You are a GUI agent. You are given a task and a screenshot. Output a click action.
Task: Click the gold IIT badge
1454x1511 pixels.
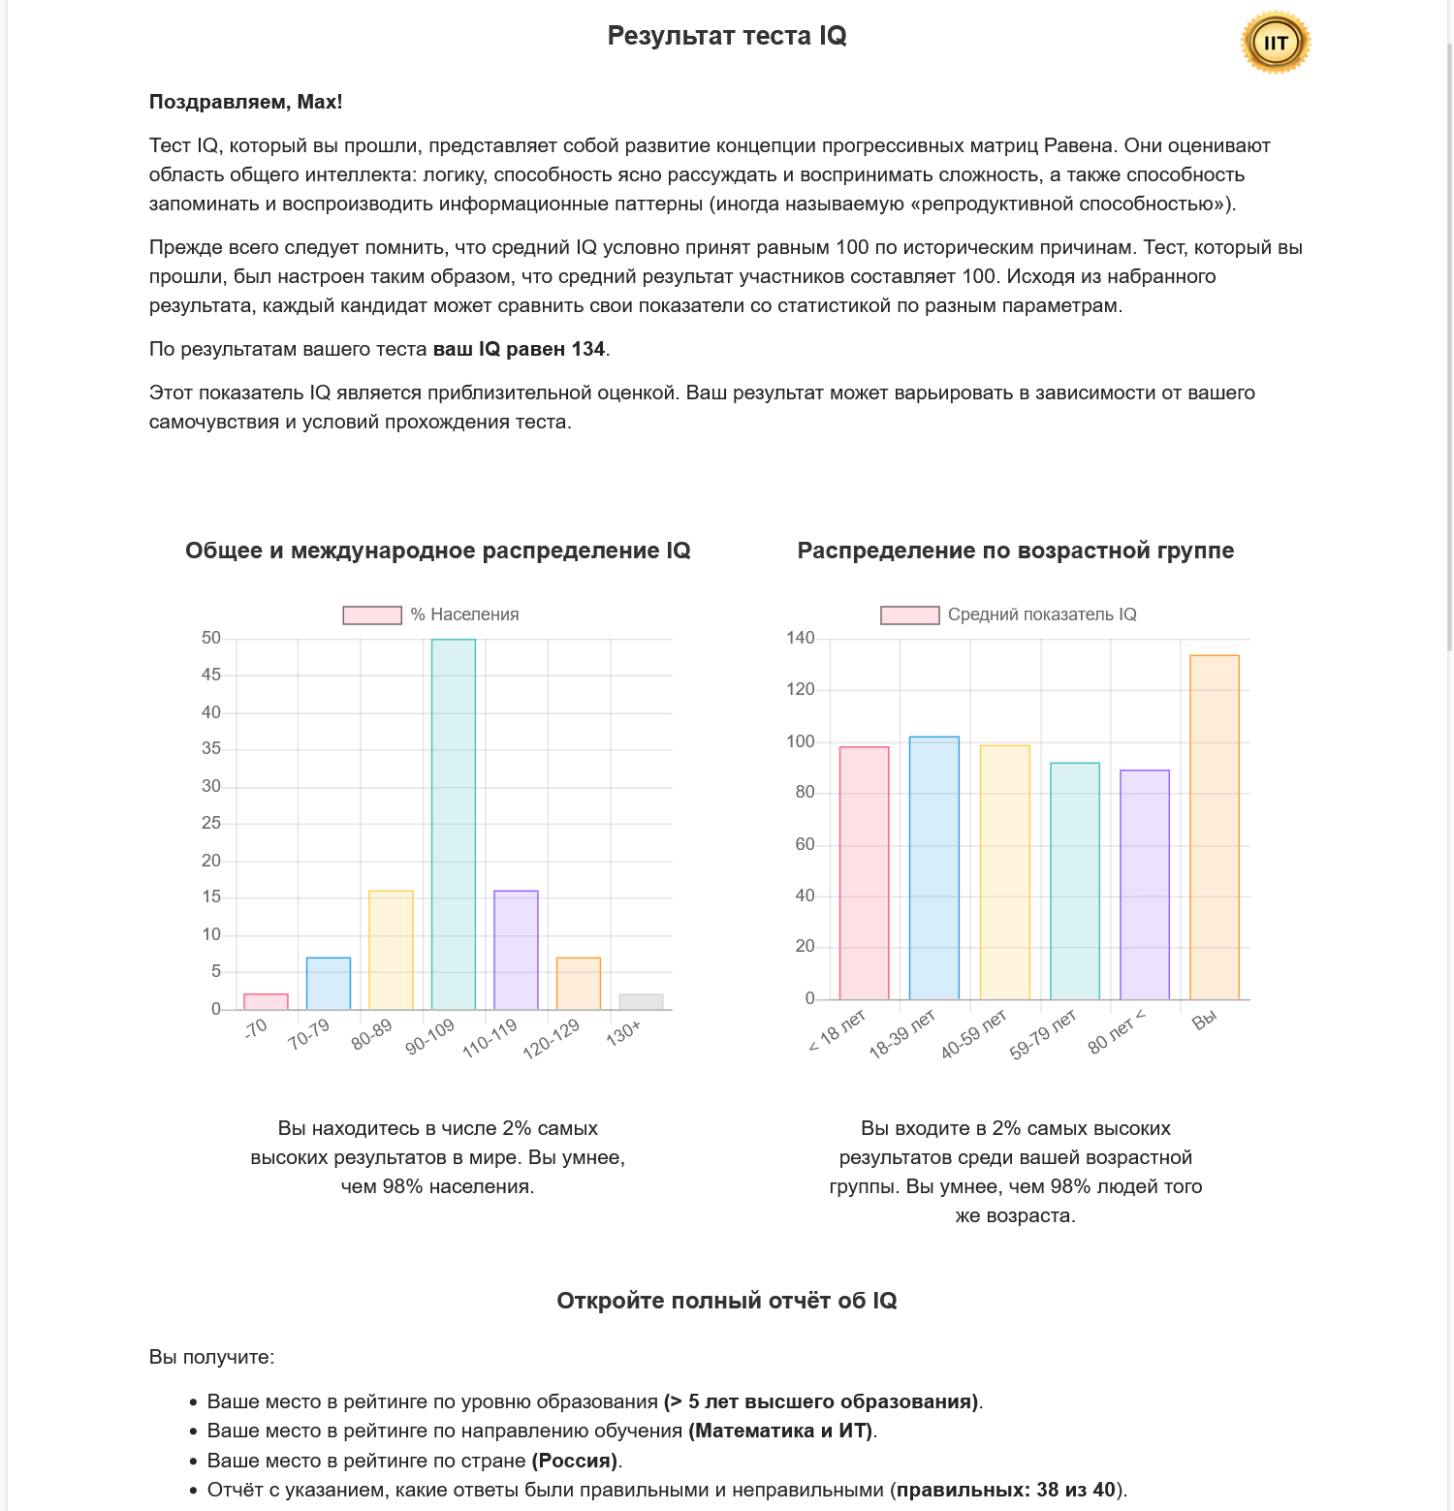[x=1276, y=43]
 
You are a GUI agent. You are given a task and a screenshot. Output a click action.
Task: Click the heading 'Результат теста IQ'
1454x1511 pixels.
[x=727, y=36]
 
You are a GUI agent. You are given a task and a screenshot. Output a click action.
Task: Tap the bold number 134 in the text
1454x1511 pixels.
[x=587, y=349]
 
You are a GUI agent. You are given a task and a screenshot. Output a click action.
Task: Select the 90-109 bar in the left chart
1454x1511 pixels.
[x=454, y=824]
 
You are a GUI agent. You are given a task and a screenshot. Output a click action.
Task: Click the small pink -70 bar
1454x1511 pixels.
[x=266, y=1001]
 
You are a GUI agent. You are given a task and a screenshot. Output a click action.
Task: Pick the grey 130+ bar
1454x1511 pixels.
[x=641, y=1001]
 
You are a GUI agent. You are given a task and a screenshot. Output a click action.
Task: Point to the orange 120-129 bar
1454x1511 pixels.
[x=579, y=983]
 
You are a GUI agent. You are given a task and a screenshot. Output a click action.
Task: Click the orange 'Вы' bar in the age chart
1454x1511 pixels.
[x=1215, y=827]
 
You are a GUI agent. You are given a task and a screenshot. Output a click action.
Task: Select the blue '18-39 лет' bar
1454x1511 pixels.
[x=934, y=867]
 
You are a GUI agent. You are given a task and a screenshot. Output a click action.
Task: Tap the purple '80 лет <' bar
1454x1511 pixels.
[x=1145, y=884]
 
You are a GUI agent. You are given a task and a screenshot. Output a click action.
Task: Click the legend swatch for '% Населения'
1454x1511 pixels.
[x=372, y=615]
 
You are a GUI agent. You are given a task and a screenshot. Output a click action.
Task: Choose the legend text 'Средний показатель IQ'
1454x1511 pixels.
[x=1042, y=614]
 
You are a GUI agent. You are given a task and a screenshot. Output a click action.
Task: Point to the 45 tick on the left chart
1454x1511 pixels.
[x=211, y=675]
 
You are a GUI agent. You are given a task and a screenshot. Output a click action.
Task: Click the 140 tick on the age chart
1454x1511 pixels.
[x=801, y=638]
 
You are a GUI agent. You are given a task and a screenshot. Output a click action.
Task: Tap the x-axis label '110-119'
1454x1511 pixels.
[x=490, y=1037]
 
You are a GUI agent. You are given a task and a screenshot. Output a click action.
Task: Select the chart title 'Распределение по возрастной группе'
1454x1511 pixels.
[x=1015, y=551]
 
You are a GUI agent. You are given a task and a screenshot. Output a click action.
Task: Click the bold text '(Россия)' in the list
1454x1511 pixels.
[x=576, y=1461]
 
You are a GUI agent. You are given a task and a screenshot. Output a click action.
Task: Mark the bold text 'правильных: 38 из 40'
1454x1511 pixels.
[x=1006, y=1490]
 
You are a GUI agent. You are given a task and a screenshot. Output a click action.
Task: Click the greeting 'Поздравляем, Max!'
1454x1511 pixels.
[x=245, y=102]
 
